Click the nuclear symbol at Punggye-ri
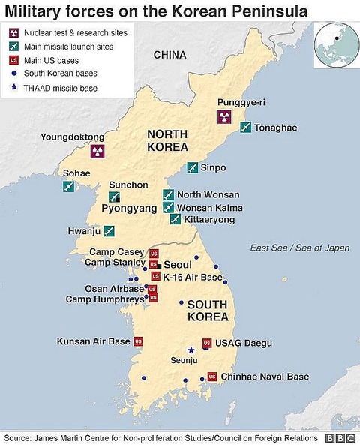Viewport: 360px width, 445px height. pos(223,116)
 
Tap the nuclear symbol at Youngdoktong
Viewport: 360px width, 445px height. pos(97,152)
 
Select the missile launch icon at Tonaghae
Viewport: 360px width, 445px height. pos(245,128)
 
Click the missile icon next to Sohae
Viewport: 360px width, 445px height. pos(69,186)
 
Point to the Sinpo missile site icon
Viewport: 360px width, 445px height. pos(193,167)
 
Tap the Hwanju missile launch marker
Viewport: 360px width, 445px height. pos(98,231)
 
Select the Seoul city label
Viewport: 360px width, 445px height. pos(177,265)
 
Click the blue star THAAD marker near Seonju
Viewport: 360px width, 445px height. pos(191,349)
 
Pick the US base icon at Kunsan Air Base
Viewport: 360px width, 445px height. pos(138,341)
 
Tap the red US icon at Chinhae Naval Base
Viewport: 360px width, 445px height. pos(212,376)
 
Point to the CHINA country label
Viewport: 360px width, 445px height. pos(169,55)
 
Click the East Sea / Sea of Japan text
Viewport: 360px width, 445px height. pos(300,247)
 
